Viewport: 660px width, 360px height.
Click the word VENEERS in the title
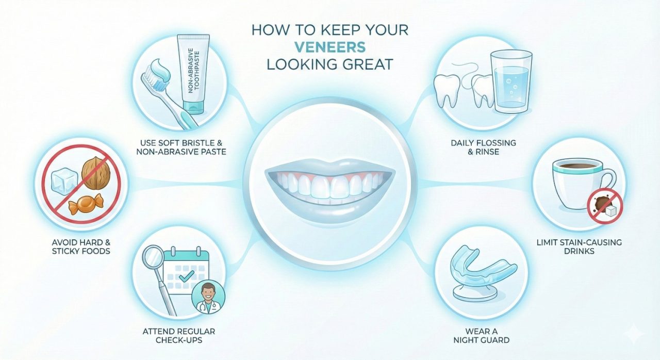(330, 47)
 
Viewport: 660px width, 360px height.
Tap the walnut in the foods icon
(96, 173)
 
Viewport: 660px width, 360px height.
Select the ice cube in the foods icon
(64, 179)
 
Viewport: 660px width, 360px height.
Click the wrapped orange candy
(86, 204)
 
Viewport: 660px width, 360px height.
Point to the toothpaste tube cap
(193, 107)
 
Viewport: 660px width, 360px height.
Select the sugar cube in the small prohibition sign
(611, 210)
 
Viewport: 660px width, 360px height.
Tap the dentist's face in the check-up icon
(208, 292)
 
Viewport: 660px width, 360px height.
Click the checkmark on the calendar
(187, 276)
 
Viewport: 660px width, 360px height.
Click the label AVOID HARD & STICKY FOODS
(81, 247)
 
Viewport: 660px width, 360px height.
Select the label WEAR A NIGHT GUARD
(482, 336)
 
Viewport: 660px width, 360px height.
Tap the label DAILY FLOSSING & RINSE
(484, 148)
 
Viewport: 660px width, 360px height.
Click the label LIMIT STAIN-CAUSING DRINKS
(579, 247)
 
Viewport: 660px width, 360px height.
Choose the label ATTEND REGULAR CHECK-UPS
(179, 336)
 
